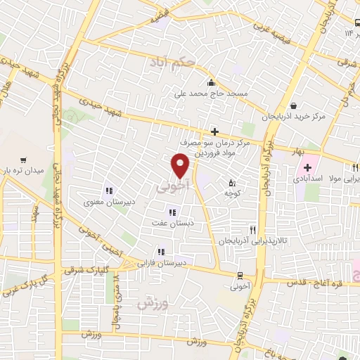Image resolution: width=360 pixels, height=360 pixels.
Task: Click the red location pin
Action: [181, 166]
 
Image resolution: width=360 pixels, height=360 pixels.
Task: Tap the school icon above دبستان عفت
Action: [171, 213]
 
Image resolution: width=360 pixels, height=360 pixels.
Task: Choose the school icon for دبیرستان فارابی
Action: [162, 251]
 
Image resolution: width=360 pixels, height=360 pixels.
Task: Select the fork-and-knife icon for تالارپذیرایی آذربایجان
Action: [252, 230]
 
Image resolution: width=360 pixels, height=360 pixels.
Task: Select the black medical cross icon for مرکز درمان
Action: [214, 131]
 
